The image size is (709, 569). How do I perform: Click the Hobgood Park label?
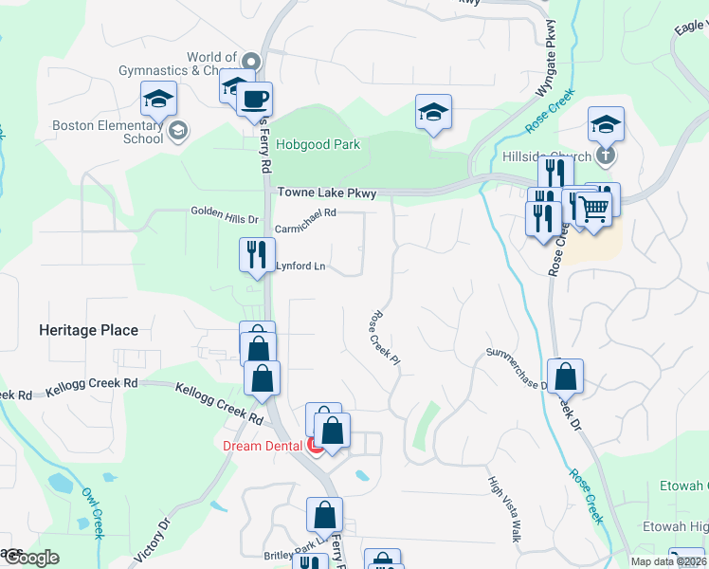tap(318, 145)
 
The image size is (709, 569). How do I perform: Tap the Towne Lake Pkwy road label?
tap(327, 193)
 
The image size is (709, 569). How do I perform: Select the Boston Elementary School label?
tap(108, 132)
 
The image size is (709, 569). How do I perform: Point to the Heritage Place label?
tap(88, 331)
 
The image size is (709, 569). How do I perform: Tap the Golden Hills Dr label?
tap(225, 216)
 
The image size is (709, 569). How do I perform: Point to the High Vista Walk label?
tap(505, 508)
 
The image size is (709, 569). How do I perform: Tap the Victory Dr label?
tap(151, 539)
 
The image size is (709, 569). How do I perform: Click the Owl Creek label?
tap(91, 513)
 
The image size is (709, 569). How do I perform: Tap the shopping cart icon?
tap(593, 207)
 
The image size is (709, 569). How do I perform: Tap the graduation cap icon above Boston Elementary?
tap(159, 99)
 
